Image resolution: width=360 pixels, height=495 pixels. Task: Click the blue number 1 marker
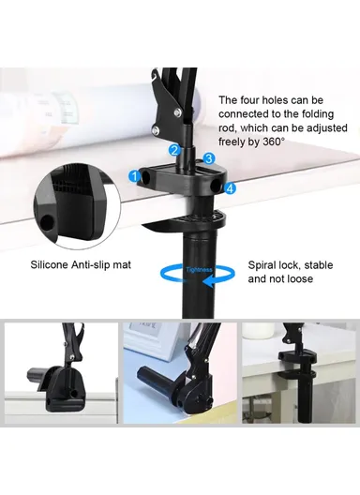136,175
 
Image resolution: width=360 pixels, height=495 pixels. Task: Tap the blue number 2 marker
173,150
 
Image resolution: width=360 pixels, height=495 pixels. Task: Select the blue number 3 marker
209,158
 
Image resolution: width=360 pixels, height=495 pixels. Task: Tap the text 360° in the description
271,141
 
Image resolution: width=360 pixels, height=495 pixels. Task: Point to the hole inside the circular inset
48,222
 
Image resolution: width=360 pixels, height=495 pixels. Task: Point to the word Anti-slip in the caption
102,265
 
